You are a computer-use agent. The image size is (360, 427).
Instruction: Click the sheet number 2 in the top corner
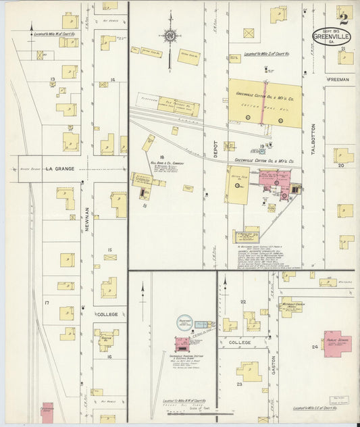(344, 18)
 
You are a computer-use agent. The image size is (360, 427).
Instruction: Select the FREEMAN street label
(338, 80)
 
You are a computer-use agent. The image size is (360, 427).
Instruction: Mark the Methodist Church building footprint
(291, 306)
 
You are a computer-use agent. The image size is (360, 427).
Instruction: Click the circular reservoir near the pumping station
(184, 323)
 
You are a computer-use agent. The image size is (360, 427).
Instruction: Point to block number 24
(315, 347)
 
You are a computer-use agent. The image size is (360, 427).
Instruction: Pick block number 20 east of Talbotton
(341, 165)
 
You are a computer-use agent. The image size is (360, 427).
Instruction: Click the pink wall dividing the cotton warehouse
(263, 103)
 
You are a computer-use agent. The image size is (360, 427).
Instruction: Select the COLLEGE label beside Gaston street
(241, 343)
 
